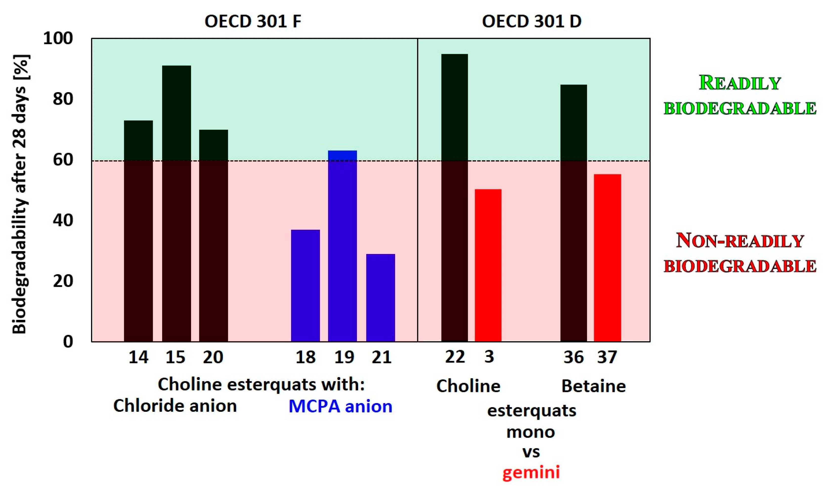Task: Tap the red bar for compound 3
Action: [x=488, y=265]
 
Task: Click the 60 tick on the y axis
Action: [x=63, y=160]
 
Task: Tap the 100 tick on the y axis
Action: [x=58, y=39]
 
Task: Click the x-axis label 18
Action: [x=305, y=357]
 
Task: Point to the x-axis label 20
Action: [x=213, y=357]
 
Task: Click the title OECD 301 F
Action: [x=253, y=21]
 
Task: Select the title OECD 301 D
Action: [x=531, y=21]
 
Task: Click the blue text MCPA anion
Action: [x=340, y=406]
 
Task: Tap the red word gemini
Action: [x=531, y=472]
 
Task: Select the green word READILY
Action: [x=740, y=83]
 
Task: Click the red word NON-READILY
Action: [x=740, y=241]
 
